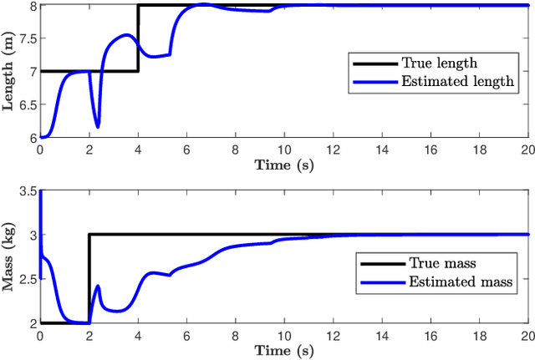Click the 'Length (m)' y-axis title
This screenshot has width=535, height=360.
pyautogui.click(x=10, y=71)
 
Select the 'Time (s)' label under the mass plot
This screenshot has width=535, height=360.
pyautogui.click(x=284, y=349)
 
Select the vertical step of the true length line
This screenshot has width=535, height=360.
pyautogui.click(x=138, y=38)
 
